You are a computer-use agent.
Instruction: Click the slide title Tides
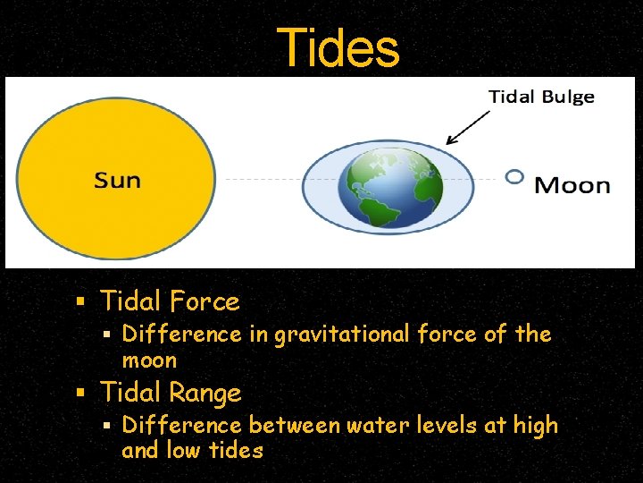(x=338, y=47)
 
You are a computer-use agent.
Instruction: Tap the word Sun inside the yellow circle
(x=118, y=180)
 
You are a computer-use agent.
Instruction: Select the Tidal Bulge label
(x=541, y=97)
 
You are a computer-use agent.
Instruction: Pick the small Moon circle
(x=514, y=177)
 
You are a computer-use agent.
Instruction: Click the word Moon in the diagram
(x=572, y=186)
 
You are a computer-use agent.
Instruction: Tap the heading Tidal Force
(x=170, y=301)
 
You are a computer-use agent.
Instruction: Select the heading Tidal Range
(x=171, y=393)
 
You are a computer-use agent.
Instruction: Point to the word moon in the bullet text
(x=149, y=360)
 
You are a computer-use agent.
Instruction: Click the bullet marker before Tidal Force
(x=80, y=301)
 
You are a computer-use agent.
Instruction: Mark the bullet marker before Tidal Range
(x=80, y=393)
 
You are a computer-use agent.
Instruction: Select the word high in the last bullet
(x=535, y=426)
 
